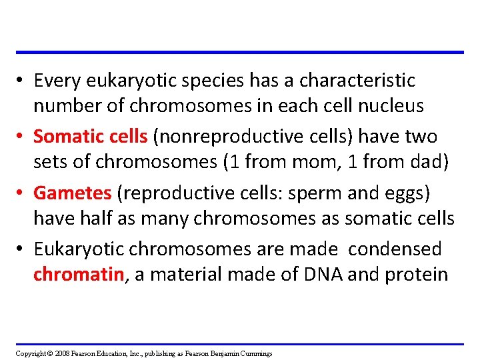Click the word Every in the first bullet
click(x=55, y=81)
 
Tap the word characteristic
click(x=357, y=81)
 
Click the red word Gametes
click(x=73, y=193)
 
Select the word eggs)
click(x=412, y=193)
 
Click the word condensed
click(x=395, y=249)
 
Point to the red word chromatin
click(x=79, y=274)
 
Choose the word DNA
click(x=321, y=274)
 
